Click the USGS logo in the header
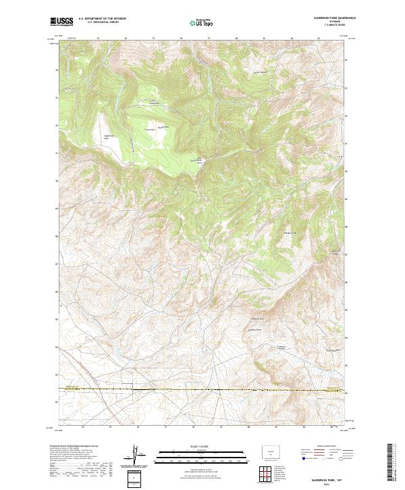click(x=62, y=22)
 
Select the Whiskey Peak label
click(x=289, y=233)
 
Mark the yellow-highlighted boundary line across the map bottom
click(x=202, y=390)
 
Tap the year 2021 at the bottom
click(x=327, y=485)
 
